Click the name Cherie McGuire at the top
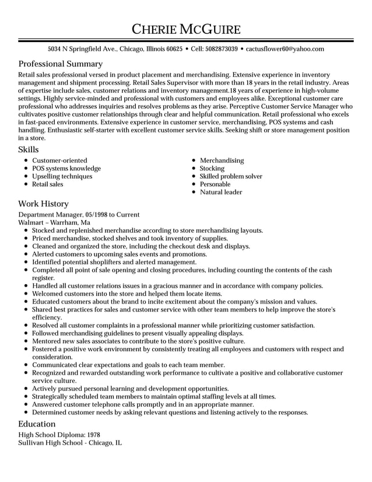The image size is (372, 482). click(x=185, y=29)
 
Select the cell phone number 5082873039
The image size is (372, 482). click(x=221, y=49)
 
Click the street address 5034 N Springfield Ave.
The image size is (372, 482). click(x=82, y=49)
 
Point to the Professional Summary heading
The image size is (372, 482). click(x=60, y=64)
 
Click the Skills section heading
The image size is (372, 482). click(x=29, y=150)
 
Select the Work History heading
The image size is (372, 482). click(x=43, y=204)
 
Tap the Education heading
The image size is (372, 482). click(x=37, y=424)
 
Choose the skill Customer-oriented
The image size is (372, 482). click(x=59, y=160)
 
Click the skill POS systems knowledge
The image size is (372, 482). click(x=66, y=169)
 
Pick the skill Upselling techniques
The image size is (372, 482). click(x=62, y=176)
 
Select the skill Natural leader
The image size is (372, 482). click(x=220, y=192)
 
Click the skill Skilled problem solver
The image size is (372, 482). click(x=231, y=176)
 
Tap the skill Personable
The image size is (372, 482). click(x=215, y=184)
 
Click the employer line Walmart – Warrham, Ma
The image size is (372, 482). click(x=54, y=222)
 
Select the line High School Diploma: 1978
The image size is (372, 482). click(x=59, y=435)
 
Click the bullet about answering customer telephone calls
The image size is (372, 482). click(x=143, y=404)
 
